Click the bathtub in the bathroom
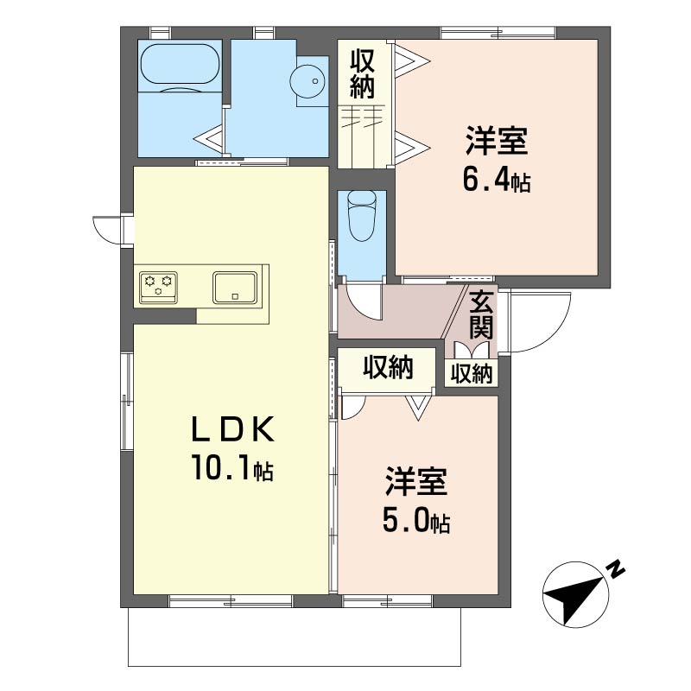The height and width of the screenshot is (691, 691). (180, 67)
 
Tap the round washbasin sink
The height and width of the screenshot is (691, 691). (307, 81)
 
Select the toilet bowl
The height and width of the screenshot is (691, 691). (362, 216)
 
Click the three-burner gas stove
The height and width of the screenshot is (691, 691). (158, 288)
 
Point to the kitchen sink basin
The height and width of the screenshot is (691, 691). (235, 288)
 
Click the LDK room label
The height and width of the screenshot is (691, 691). (233, 429)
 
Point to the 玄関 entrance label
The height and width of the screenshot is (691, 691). (481, 315)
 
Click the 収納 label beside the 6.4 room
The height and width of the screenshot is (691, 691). (362, 74)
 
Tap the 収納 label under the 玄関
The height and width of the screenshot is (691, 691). (471, 374)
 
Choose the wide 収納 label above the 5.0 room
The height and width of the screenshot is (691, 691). (388, 367)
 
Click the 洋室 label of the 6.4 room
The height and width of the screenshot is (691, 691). (497, 141)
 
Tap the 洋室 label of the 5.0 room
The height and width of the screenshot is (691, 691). (416, 482)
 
